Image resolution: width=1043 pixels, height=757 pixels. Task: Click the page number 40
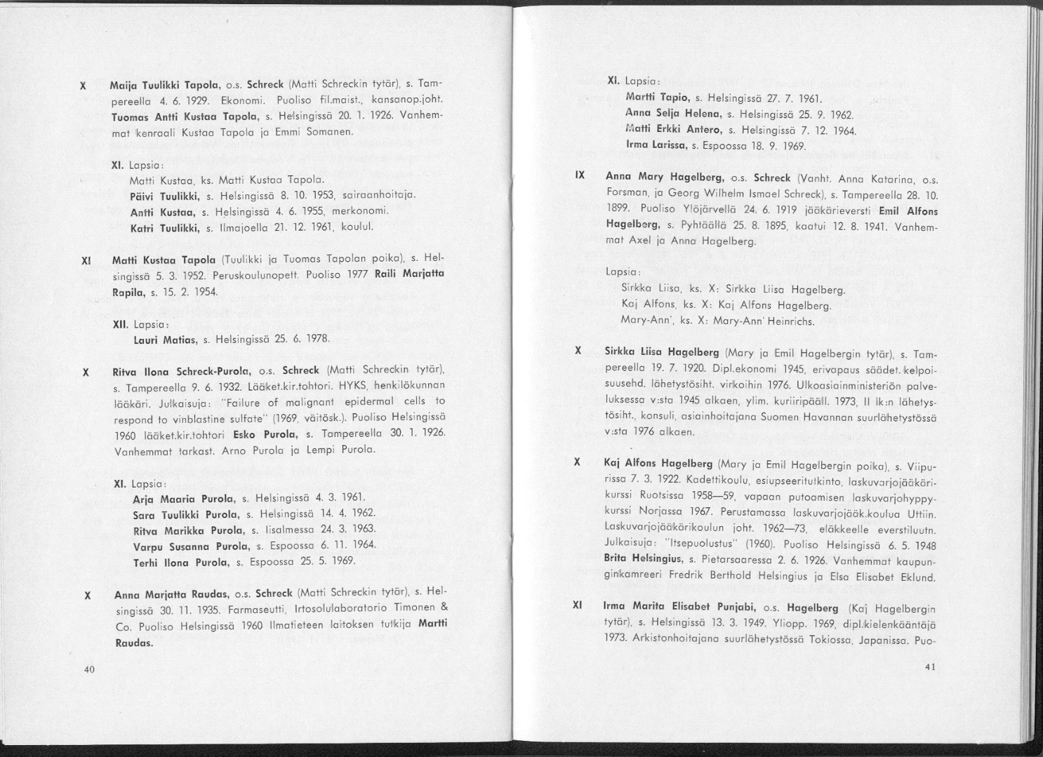(x=88, y=669)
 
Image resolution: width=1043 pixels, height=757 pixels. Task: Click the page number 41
(x=930, y=666)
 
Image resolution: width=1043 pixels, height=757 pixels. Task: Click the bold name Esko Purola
(x=262, y=433)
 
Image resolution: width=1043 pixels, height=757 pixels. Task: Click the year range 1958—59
(x=710, y=500)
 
